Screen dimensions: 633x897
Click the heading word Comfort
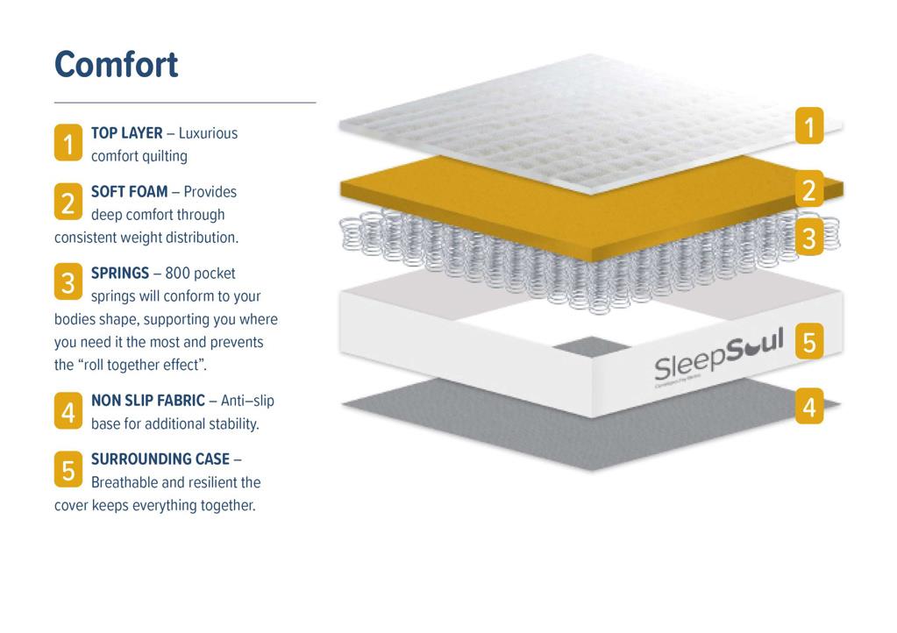pyautogui.click(x=117, y=65)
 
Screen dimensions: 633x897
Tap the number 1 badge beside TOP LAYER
pyautogui.click(x=68, y=144)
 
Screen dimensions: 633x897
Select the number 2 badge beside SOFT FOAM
pyautogui.click(x=68, y=203)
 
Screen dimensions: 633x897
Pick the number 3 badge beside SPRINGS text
pyautogui.click(x=68, y=283)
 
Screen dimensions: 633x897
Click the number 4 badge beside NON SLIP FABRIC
pyautogui.click(x=68, y=411)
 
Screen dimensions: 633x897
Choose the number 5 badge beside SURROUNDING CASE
pyautogui.click(x=68, y=470)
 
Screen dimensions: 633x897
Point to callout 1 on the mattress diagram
pyautogui.click(x=808, y=126)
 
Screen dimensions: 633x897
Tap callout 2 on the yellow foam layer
pyautogui.click(x=808, y=189)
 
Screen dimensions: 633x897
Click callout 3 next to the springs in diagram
pyautogui.click(x=808, y=237)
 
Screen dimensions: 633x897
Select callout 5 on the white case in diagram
pyautogui.click(x=808, y=341)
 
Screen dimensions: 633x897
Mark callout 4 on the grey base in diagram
pyautogui.click(x=808, y=407)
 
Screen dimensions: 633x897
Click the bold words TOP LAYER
pyautogui.click(x=127, y=133)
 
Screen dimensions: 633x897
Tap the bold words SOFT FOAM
pyautogui.click(x=130, y=191)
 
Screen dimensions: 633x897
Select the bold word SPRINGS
pyautogui.click(x=120, y=274)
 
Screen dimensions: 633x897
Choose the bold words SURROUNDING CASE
pyautogui.click(x=160, y=459)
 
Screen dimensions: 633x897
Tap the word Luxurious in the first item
pyautogui.click(x=209, y=133)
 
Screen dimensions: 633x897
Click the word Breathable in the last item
pyautogui.click(x=125, y=482)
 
